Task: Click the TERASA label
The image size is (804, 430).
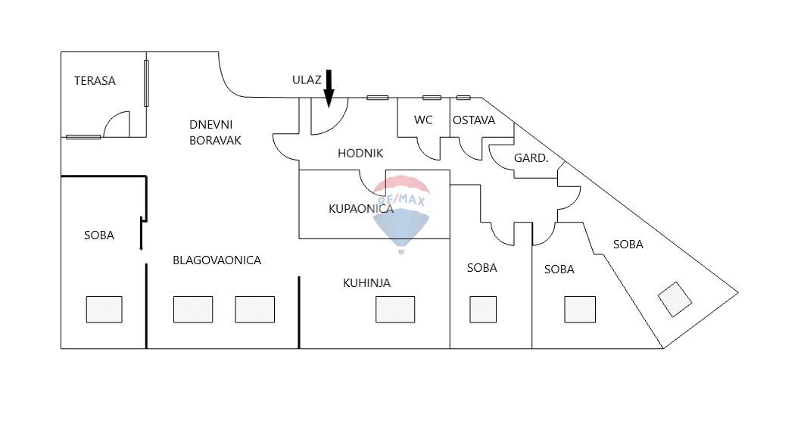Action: (95, 81)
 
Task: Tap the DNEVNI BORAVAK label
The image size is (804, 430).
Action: (215, 132)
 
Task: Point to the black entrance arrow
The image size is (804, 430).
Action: (329, 88)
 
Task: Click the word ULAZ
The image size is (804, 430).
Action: (307, 79)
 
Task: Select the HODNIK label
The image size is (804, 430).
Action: (360, 153)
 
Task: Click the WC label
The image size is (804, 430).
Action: (423, 120)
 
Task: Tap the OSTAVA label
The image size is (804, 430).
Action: (474, 120)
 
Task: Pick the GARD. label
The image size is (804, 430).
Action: (531, 158)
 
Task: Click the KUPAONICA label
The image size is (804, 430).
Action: (360, 208)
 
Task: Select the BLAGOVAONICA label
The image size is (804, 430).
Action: (217, 260)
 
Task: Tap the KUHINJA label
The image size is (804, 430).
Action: (366, 283)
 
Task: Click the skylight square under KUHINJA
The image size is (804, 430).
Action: (395, 309)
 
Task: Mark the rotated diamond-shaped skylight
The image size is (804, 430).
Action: (675, 299)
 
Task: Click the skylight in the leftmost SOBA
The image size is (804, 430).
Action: (104, 309)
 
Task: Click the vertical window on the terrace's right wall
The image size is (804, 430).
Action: (146, 82)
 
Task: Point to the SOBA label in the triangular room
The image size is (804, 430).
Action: (628, 245)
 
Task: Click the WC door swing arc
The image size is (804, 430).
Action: (428, 148)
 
